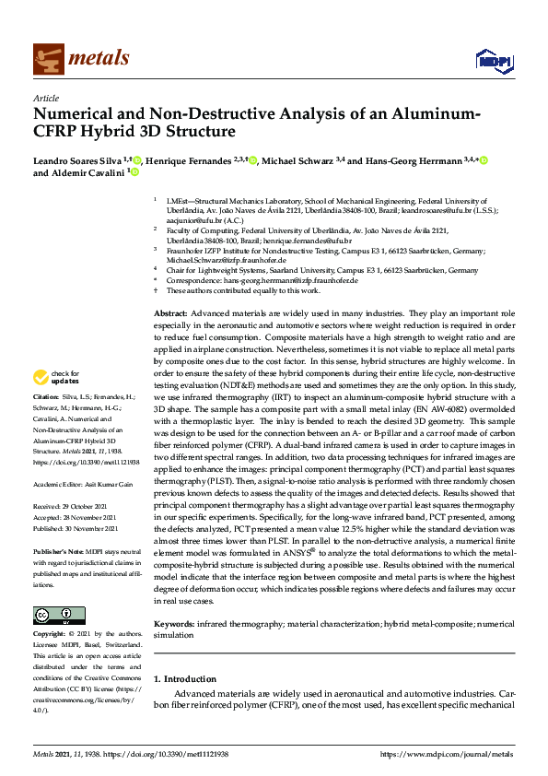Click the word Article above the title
pos(45,99)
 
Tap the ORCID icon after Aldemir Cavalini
pos(135,172)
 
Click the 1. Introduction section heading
pos(184,679)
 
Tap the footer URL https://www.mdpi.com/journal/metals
pos(447,755)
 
